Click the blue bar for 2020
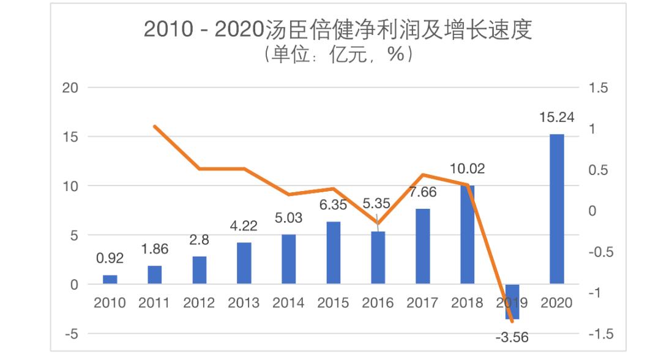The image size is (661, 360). coord(556,209)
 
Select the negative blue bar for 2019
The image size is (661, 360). coord(512,301)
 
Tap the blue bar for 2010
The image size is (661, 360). coord(110,280)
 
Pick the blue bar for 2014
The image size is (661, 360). coord(288,259)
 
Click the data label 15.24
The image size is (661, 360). coord(556,117)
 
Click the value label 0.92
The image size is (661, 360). coord(110,258)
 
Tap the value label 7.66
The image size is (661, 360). coord(422,192)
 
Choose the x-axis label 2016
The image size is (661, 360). coord(378,303)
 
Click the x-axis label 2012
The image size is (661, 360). coord(199,303)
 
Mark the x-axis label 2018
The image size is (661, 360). coord(467,303)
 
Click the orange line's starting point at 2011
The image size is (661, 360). coord(155,127)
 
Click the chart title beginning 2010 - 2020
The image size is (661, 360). coord(338,29)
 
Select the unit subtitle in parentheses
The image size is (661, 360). coord(338,55)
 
